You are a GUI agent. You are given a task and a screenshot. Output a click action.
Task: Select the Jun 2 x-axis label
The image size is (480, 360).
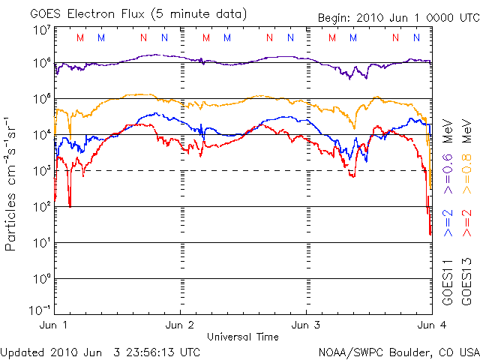point(181,326)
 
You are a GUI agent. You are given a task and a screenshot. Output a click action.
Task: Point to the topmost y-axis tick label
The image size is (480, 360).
point(42,29)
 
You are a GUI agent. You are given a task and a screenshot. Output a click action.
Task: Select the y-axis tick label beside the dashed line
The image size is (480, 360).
point(42,170)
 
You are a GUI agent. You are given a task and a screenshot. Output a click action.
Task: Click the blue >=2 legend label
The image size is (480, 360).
point(448,223)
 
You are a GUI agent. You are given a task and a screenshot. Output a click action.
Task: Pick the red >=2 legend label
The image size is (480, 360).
point(465,223)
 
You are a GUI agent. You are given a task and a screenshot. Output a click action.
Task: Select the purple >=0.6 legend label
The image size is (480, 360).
point(448,174)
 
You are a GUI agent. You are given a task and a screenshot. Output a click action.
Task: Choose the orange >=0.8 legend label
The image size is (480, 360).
point(465,174)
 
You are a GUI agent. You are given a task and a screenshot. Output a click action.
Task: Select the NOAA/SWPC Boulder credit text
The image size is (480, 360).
point(397,350)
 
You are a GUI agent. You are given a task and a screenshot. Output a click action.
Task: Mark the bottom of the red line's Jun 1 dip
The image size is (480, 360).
point(70,205)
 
